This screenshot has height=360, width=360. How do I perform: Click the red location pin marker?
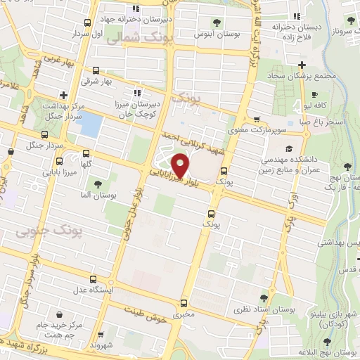tap(181, 165)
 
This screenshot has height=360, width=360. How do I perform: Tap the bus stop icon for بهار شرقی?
tap(96, 70)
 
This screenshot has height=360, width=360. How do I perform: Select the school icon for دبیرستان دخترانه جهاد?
tap(136, 8)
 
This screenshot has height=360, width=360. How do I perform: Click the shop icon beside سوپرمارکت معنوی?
tap(256, 120)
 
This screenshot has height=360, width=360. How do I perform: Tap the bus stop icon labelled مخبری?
tap(184, 304)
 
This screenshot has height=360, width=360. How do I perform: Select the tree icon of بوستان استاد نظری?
tap(264, 298)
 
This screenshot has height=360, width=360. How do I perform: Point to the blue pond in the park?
tap(88, 124)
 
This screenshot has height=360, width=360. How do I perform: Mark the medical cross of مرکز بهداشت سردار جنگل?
tap(64, 94)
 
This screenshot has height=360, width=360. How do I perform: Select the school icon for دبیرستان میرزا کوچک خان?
tap(136, 91)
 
